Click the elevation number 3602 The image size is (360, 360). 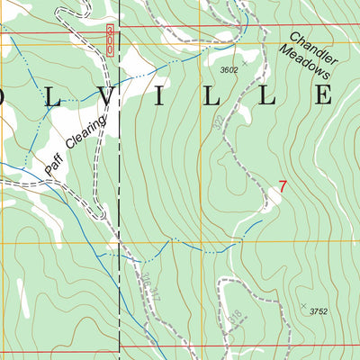[x=232, y=69]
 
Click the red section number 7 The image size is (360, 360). [x=283, y=187]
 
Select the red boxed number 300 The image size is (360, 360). [x=109, y=40]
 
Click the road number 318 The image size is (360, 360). [x=236, y=316]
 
